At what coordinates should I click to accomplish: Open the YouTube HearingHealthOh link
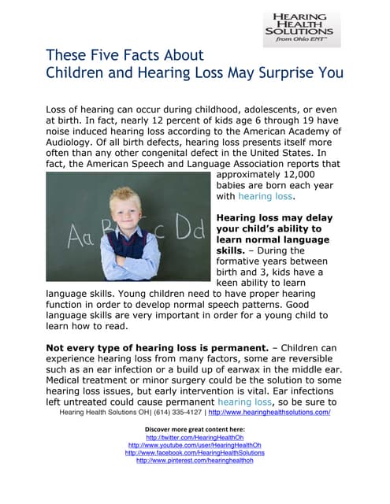coord(195,445)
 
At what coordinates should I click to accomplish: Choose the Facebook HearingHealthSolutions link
coord(195,453)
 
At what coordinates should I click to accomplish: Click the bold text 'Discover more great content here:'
coord(195,428)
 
